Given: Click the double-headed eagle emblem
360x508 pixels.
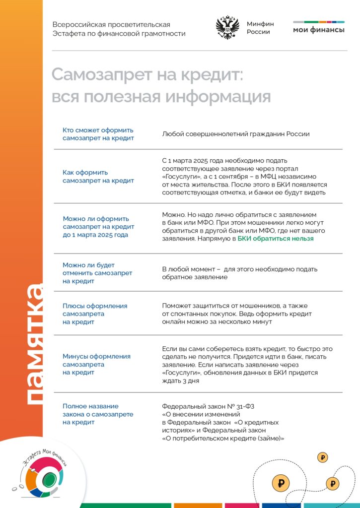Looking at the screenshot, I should (227, 28).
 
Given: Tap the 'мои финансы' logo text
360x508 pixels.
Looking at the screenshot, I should (318, 30).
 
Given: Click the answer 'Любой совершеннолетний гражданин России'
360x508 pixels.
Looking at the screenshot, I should (236, 134).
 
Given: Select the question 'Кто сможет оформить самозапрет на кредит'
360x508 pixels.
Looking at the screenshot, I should (98, 134).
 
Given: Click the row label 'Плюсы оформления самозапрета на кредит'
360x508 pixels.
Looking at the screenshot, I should (95, 314).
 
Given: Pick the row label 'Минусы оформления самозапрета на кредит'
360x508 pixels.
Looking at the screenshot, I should (96, 364).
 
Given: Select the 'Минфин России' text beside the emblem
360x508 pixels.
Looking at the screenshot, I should (260, 28).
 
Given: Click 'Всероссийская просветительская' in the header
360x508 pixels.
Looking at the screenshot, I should (111, 25).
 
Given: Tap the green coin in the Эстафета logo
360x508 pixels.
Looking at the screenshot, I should (48, 479).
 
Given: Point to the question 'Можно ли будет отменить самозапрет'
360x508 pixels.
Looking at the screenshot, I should (97, 273).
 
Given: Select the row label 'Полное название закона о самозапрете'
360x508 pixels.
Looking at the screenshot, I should (98, 414).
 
